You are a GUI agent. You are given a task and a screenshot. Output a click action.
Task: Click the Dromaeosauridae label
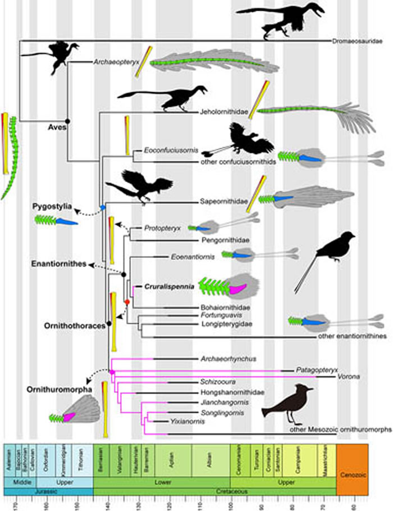click(x=359, y=41)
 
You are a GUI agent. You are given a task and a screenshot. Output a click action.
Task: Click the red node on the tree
click(x=127, y=302)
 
